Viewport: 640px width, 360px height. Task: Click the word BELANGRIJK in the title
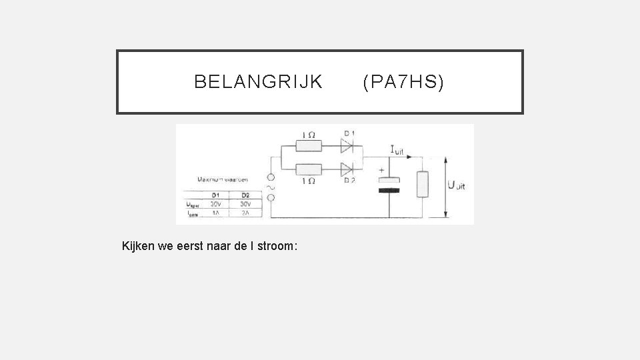tap(258, 82)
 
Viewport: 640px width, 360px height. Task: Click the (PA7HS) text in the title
tap(403, 82)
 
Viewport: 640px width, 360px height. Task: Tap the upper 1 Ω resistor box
tap(309, 145)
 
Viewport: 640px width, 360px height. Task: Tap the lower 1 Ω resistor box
tap(309, 169)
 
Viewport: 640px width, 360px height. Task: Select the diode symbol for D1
tap(347, 145)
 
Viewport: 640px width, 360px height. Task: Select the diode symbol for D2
tap(347, 169)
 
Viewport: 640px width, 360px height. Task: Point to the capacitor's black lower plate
tap(389, 191)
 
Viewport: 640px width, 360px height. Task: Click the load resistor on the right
tap(421, 184)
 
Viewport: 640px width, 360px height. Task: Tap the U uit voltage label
tap(457, 185)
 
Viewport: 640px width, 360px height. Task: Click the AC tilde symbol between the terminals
tap(271, 188)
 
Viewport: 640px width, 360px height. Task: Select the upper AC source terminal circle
tap(271, 178)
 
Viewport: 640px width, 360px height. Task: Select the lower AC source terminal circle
tap(271, 199)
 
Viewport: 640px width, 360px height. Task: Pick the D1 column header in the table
tap(215, 195)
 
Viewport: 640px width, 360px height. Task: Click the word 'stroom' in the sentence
tap(279, 246)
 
